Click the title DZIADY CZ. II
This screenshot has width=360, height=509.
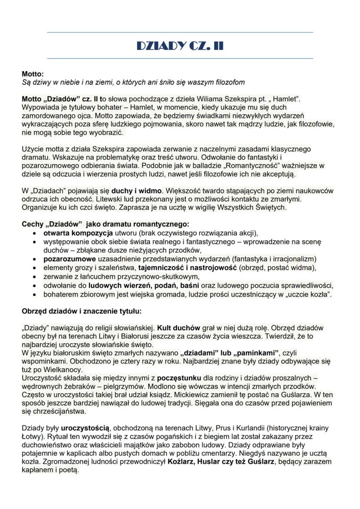click(x=180, y=45)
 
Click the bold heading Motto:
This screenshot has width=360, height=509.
click(x=33, y=74)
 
